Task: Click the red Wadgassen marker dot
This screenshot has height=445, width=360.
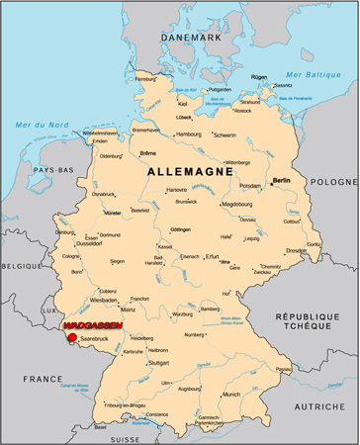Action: click(72, 337)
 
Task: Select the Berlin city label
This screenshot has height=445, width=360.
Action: click(281, 181)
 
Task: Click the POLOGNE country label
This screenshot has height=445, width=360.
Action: click(332, 182)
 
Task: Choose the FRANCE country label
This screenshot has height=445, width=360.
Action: click(43, 379)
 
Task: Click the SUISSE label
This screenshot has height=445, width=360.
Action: click(127, 438)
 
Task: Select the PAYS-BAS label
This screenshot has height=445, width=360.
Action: click(47, 170)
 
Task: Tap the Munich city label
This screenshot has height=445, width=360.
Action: click(231, 394)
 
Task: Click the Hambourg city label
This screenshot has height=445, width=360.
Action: click(188, 133)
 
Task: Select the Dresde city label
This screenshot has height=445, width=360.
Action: click(297, 250)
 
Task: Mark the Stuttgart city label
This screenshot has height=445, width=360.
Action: click(158, 363)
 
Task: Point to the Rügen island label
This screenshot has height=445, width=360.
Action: click(259, 76)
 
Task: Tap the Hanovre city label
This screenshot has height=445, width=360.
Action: click(176, 189)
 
